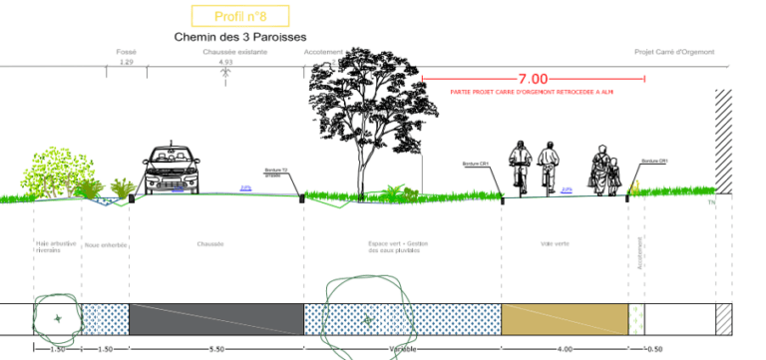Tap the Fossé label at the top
tap(126, 52)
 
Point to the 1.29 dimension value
tap(126, 62)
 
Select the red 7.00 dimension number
tap(533, 79)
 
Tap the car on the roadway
tap(173, 172)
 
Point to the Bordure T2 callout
tap(276, 172)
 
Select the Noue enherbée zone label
tap(105, 243)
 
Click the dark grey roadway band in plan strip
tap(216, 319)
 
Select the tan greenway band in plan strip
tap(565, 319)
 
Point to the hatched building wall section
tap(723, 140)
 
